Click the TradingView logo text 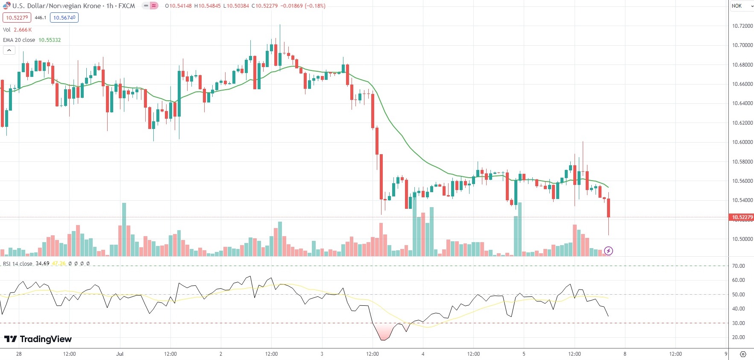45,339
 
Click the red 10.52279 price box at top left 17,18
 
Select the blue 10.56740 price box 64,18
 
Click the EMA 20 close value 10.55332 50,40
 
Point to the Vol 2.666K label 17,30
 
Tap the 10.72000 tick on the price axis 742,26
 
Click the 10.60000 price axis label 742,142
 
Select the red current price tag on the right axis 742,217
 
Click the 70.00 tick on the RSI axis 738,266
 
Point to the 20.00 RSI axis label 738,337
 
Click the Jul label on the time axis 120,354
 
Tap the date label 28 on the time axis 19,354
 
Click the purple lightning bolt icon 609,251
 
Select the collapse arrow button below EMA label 9,50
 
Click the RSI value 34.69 42,263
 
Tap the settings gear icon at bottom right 743,354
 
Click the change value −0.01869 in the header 292,6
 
